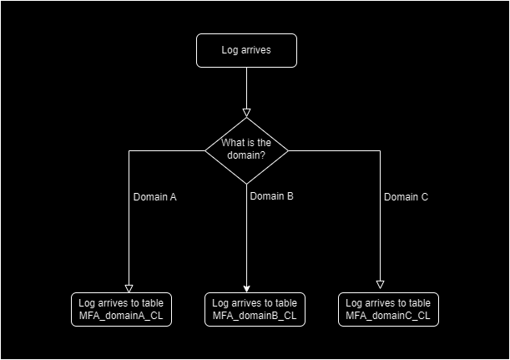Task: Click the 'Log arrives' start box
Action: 246,50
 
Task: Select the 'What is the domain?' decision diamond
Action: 246,150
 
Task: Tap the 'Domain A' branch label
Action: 154,198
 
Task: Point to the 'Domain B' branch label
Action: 271,196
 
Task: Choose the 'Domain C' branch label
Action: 406,198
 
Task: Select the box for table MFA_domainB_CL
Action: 255,309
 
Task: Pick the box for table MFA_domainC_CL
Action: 388,309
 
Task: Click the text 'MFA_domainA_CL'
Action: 120,316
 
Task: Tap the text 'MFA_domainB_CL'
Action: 254,316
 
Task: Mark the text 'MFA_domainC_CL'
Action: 387,316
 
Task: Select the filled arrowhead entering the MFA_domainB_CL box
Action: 247,286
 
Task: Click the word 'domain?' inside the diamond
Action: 246,156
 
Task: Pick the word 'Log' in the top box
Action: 230,50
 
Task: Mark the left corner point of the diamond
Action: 205,150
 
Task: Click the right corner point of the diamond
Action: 288,150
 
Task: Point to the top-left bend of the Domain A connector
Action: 129,150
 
